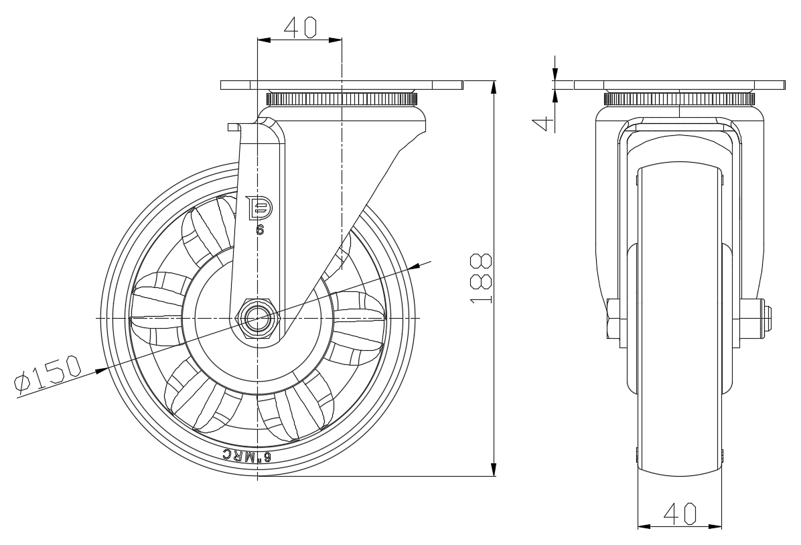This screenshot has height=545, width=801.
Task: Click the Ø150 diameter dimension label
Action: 48,375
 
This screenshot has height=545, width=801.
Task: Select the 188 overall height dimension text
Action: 482,278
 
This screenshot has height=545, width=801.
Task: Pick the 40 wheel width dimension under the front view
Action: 679,513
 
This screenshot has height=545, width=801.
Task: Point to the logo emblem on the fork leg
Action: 259,208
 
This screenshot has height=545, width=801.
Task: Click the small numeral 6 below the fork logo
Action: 260,229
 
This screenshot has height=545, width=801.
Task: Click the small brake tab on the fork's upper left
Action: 233,126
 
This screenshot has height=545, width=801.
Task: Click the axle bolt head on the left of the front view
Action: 613,318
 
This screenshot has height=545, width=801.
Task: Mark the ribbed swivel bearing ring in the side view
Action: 341,100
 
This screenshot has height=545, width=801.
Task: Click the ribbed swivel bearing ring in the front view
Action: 679,100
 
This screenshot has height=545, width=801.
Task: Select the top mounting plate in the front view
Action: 679,85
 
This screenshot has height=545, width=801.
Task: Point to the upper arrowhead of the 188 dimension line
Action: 494,87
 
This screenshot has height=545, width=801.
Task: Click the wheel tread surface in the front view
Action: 679,335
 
